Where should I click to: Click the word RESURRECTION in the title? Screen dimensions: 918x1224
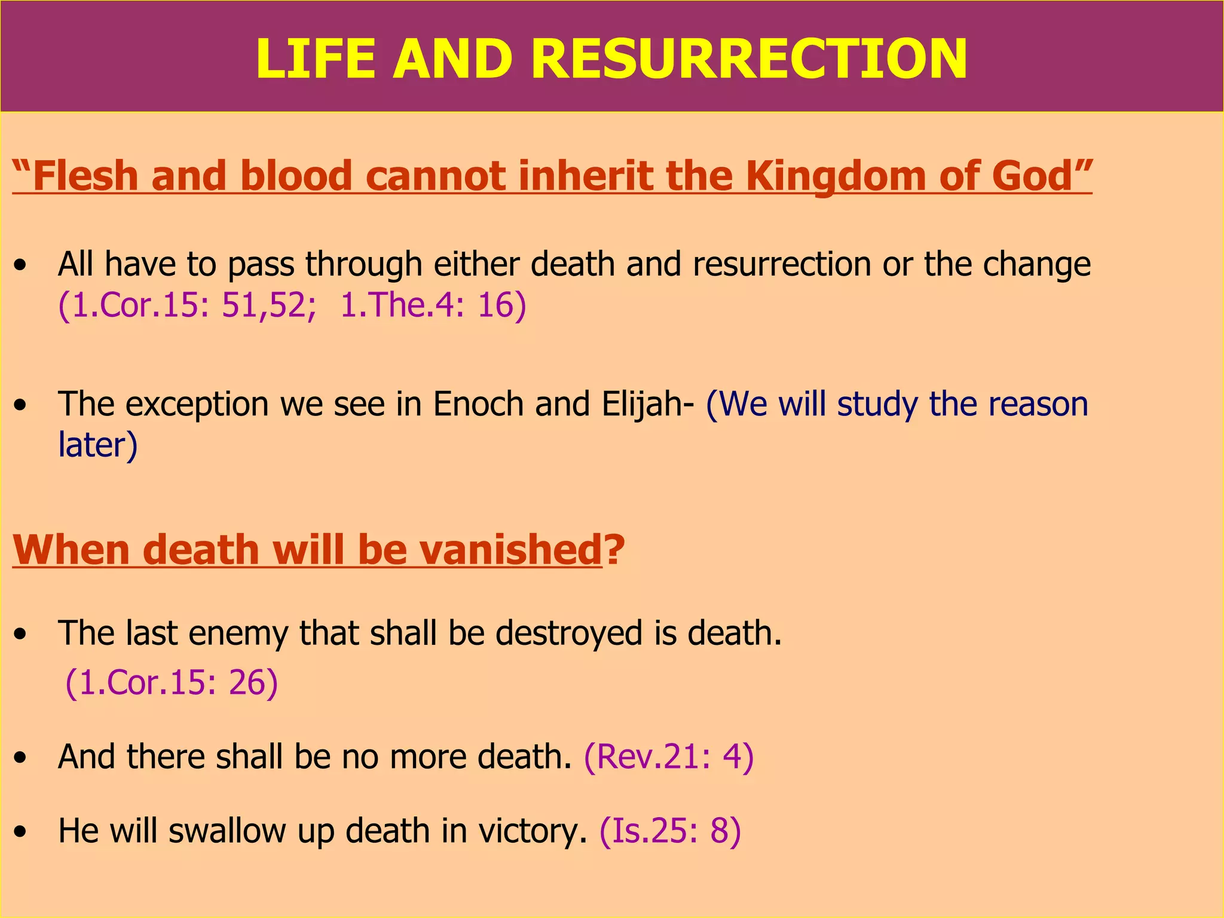point(748,59)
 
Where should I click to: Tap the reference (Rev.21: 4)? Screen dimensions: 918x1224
point(669,757)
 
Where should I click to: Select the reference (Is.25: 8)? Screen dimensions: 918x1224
point(670,831)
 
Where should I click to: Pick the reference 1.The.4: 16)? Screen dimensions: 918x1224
point(433,305)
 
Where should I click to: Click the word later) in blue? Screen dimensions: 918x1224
point(97,445)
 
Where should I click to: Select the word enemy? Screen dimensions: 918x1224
point(238,634)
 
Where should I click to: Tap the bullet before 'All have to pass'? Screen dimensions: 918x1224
point(21,265)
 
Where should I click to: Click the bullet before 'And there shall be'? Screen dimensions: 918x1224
point(21,758)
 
